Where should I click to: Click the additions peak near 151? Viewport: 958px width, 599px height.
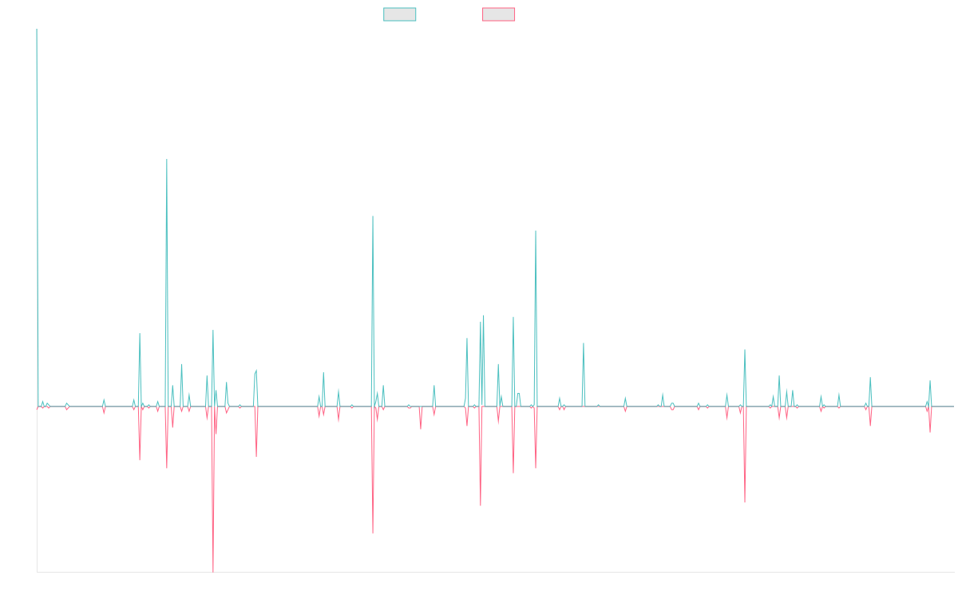click(x=167, y=161)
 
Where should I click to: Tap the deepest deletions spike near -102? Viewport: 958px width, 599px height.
click(x=212, y=571)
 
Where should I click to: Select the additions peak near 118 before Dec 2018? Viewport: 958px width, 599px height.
click(x=373, y=216)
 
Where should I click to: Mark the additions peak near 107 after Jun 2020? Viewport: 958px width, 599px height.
click(x=536, y=232)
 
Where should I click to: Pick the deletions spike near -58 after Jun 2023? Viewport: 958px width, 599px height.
click(x=745, y=502)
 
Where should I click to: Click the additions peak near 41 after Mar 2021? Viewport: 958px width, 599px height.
click(x=584, y=343)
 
